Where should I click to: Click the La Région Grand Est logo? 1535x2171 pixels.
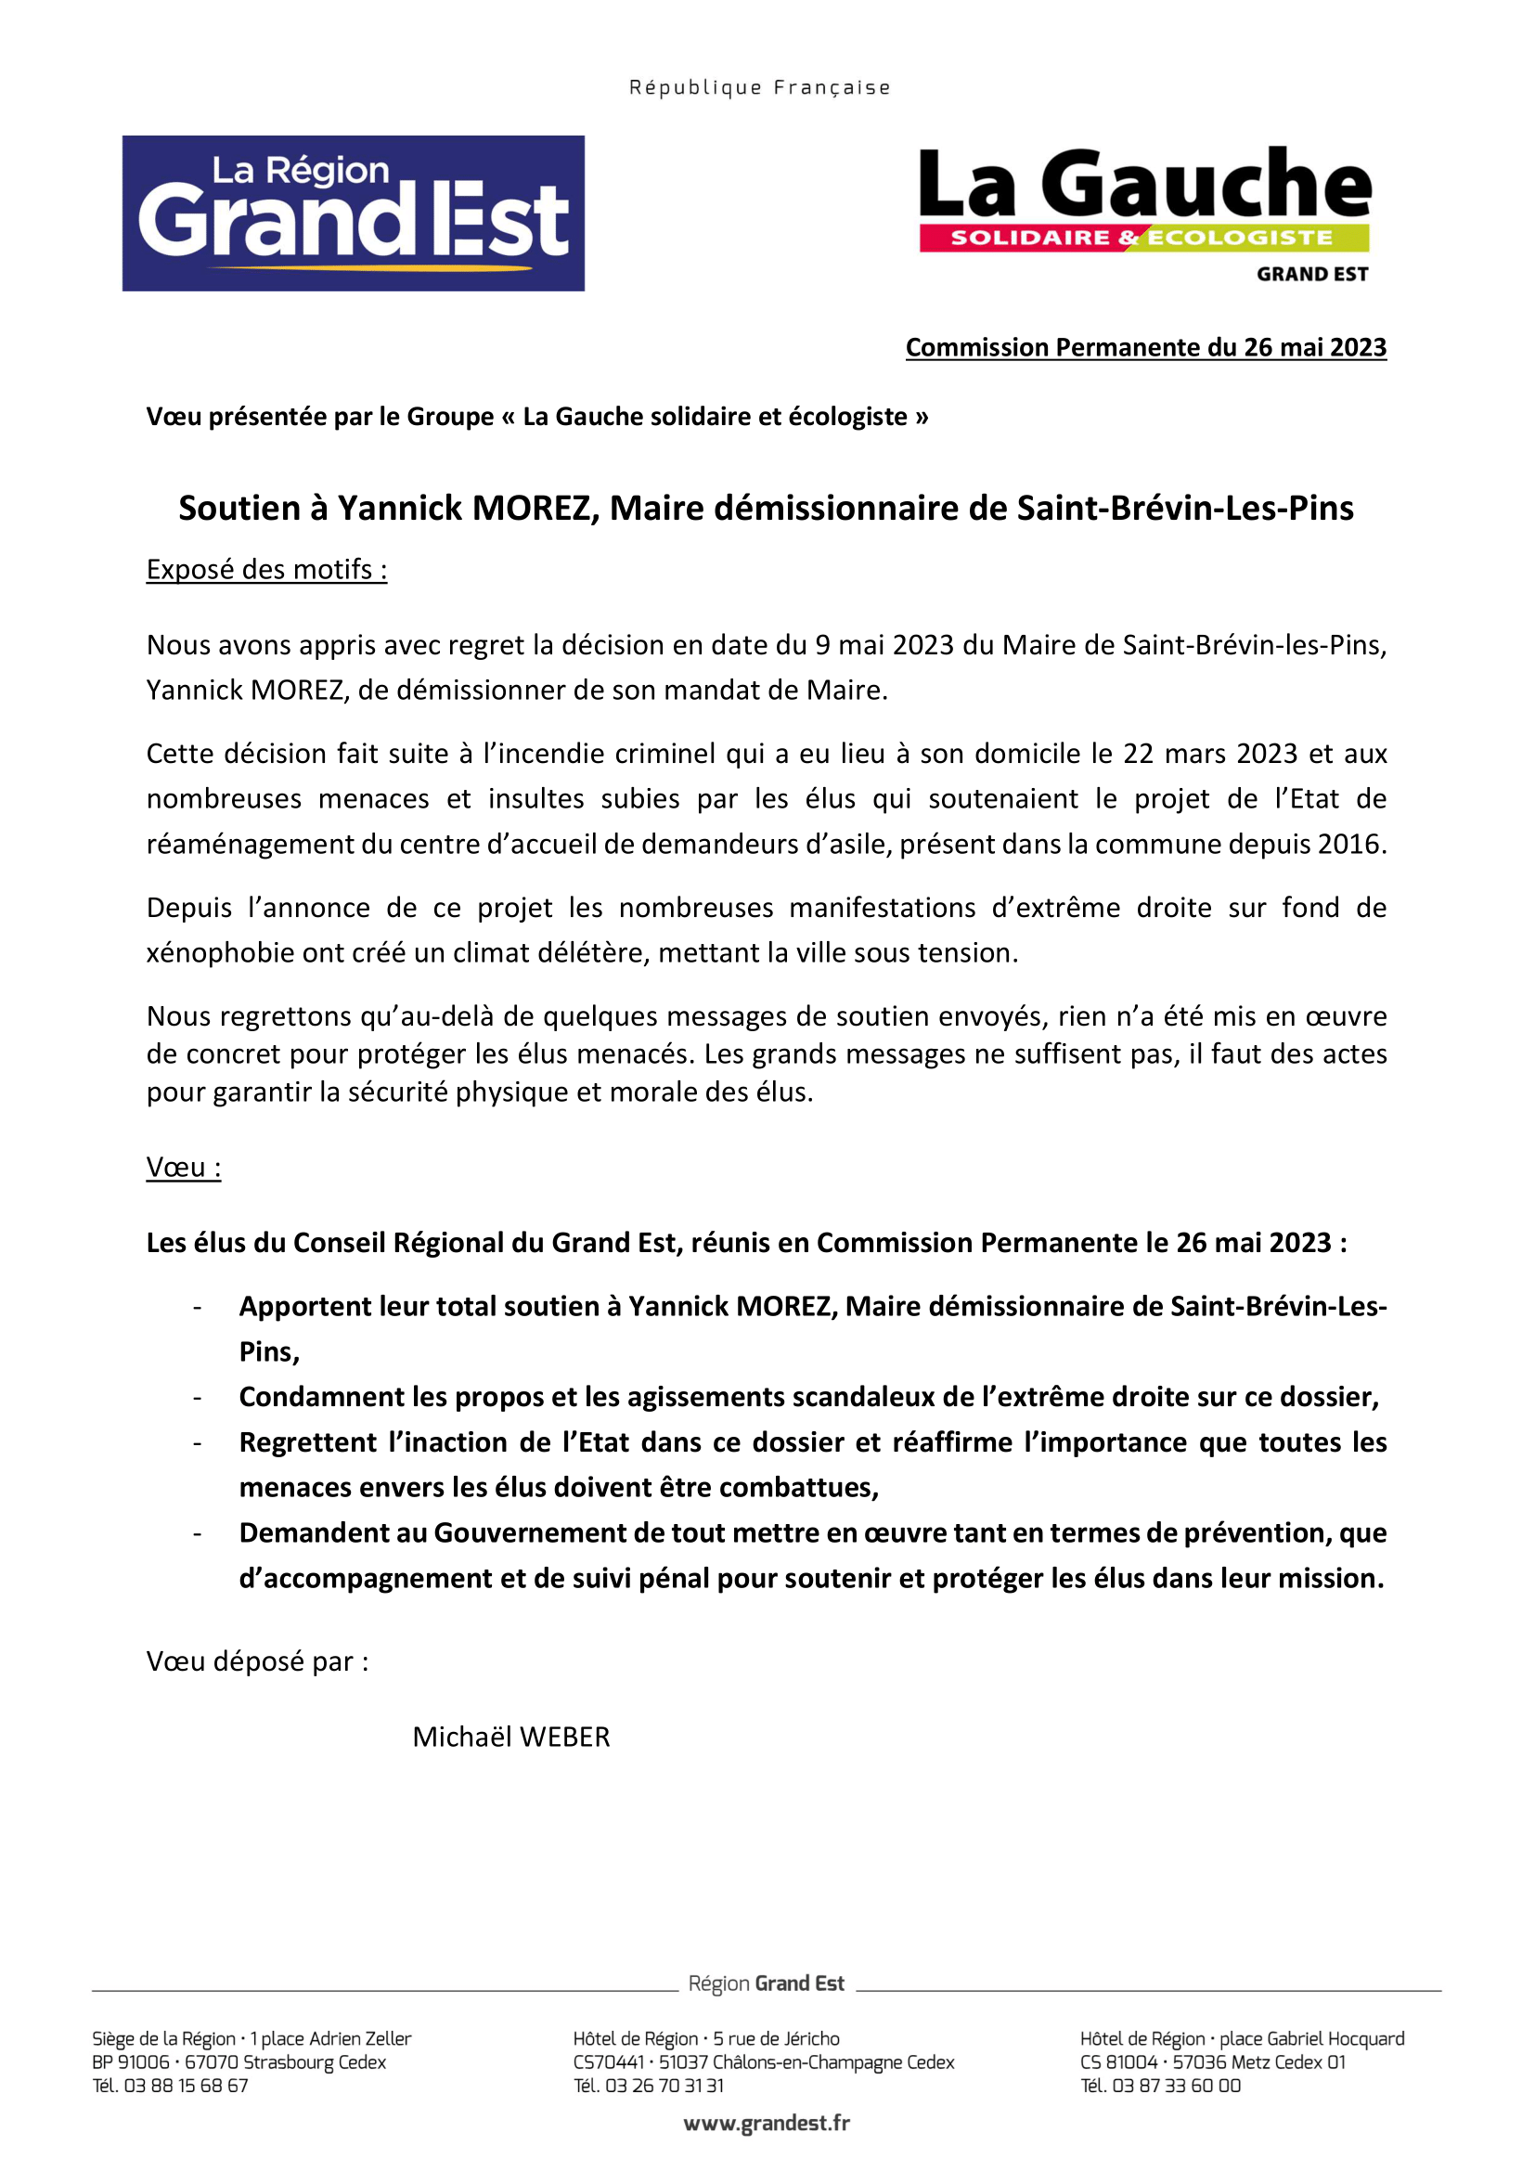click(x=353, y=213)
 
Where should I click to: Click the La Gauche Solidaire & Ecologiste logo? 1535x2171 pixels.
click(x=1143, y=213)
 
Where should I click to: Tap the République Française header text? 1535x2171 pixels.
click(x=760, y=88)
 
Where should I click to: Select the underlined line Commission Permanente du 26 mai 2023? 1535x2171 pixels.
click(x=1145, y=347)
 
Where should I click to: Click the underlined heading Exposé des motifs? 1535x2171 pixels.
click(x=266, y=569)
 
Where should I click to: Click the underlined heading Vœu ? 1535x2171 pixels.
click(x=184, y=1167)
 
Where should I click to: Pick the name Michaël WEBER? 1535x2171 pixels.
click(x=511, y=1737)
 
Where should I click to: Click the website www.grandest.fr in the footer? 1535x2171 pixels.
click(x=767, y=2123)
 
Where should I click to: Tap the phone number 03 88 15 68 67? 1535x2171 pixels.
click(x=187, y=2085)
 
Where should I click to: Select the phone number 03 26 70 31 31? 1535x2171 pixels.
click(x=664, y=2085)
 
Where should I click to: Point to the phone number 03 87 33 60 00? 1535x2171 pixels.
click(x=1176, y=2085)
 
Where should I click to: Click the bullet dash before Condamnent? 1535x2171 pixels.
click(x=197, y=1398)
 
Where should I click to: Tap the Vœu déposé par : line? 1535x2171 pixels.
click(x=257, y=1661)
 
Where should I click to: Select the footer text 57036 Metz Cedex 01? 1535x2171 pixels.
click(x=1259, y=2061)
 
